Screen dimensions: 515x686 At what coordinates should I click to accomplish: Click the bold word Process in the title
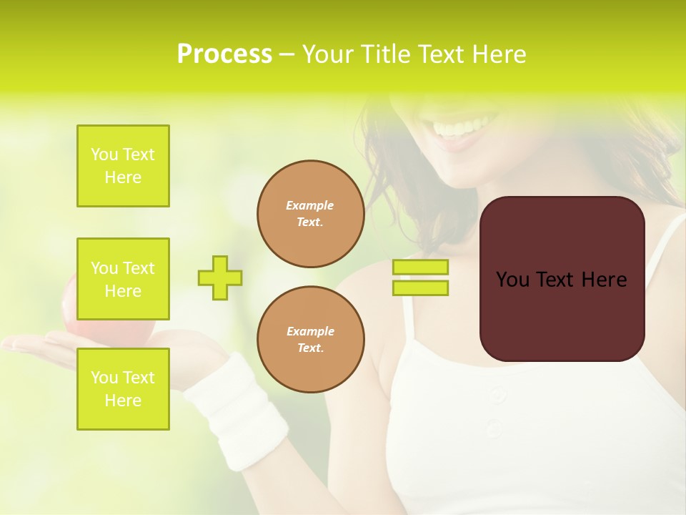pyautogui.click(x=224, y=54)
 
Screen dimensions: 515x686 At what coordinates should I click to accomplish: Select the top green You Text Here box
pyautogui.click(x=123, y=166)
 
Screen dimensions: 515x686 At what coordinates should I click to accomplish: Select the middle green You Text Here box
pyautogui.click(x=123, y=279)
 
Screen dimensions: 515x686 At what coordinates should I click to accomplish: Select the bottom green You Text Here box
pyautogui.click(x=123, y=389)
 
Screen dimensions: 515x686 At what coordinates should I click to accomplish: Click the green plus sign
pyautogui.click(x=220, y=278)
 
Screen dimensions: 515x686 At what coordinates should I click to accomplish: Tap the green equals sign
pyautogui.click(x=420, y=278)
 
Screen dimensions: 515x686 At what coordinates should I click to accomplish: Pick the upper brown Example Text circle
pyautogui.click(x=310, y=214)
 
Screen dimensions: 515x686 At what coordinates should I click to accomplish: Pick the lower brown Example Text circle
pyautogui.click(x=310, y=340)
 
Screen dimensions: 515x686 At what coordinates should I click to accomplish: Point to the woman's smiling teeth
pyautogui.click(x=457, y=129)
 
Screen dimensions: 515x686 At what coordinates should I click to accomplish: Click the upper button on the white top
pyautogui.click(x=498, y=395)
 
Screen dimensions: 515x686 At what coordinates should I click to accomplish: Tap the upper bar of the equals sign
pyautogui.click(x=420, y=268)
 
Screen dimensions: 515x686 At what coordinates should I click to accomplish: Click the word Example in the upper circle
pyautogui.click(x=310, y=205)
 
